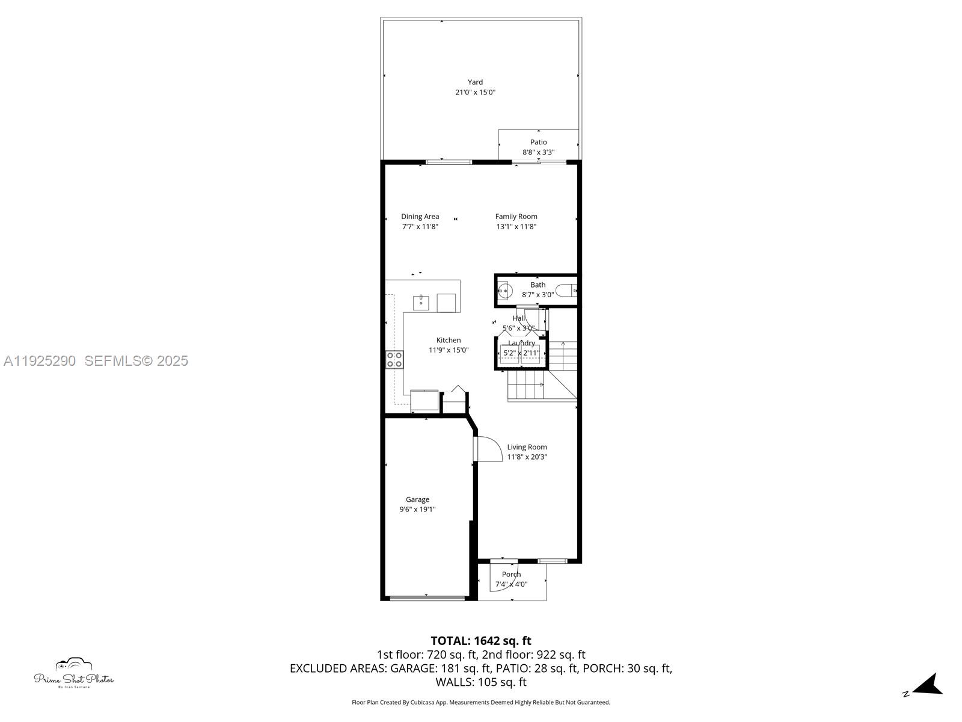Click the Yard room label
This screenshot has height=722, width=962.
pos(475,82)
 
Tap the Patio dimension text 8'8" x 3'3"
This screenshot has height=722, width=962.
pos(538,152)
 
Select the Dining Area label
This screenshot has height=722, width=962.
pos(420,217)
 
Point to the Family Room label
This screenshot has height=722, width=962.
pos(516,217)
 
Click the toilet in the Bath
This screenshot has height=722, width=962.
pos(566,291)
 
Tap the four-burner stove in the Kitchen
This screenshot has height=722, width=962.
pos(394,360)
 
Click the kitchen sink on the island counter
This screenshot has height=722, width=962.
pos(421,302)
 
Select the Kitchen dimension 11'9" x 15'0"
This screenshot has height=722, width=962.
pos(448,350)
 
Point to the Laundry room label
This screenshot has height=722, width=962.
pos(521,343)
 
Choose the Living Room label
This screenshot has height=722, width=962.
pos(527,447)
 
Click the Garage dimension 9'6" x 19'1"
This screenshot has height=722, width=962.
pos(417,510)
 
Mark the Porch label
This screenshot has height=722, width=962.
pos(511,575)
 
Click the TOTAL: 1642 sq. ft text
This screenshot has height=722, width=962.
pos(480,641)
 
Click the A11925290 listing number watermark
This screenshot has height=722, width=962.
pos(40,361)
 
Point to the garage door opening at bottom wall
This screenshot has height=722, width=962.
pos(426,598)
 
